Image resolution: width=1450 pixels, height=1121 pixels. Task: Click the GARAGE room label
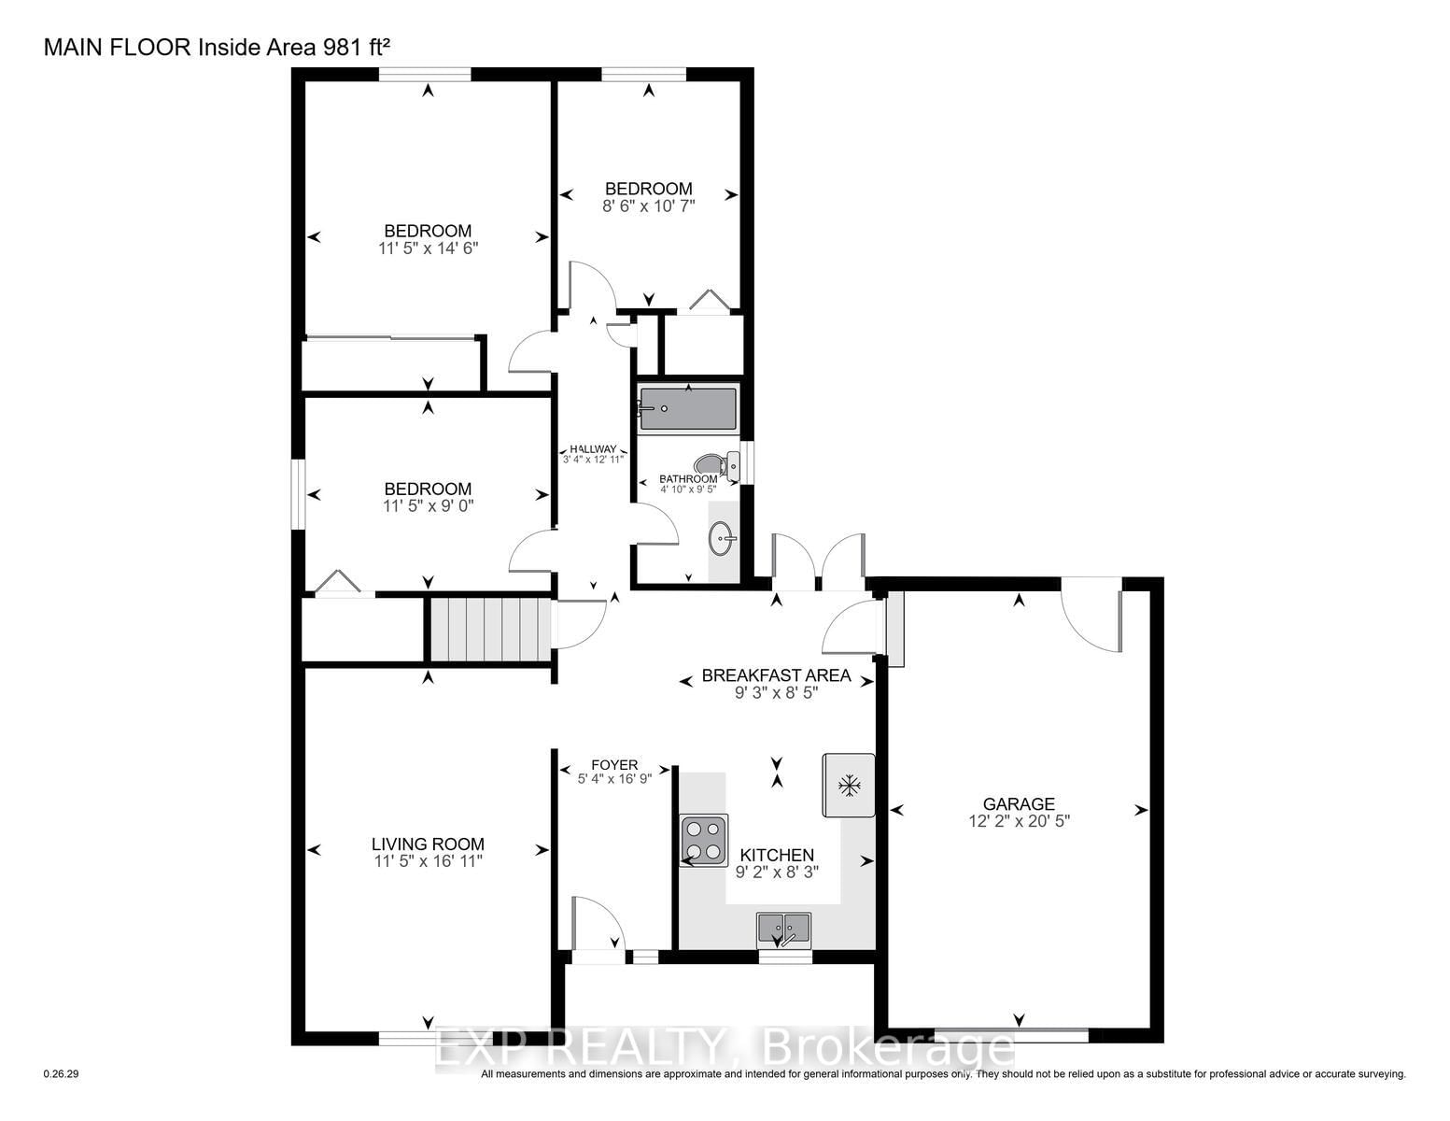tap(1019, 804)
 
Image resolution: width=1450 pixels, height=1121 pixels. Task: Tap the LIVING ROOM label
tap(428, 844)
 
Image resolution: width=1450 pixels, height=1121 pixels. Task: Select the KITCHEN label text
tap(777, 856)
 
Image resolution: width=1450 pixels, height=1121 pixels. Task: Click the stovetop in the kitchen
tap(704, 840)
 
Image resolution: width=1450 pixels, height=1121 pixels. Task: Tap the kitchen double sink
tap(783, 930)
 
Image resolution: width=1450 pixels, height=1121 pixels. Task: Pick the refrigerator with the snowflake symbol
tap(849, 786)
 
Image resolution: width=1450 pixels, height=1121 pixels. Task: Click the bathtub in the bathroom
tap(688, 408)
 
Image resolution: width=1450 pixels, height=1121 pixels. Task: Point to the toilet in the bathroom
tap(717, 463)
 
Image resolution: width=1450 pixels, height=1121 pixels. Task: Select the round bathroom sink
tap(722, 538)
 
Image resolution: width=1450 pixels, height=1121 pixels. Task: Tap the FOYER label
tap(614, 765)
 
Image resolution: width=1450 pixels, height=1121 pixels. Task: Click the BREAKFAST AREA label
tap(776, 675)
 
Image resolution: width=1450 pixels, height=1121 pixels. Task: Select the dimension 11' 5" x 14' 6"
tap(428, 248)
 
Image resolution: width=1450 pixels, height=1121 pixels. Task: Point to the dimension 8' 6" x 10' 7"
tap(649, 206)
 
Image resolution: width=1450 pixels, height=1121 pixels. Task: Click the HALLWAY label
tap(593, 449)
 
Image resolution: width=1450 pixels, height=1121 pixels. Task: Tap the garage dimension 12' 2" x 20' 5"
tap(1019, 821)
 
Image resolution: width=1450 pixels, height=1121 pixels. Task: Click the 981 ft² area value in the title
tap(357, 47)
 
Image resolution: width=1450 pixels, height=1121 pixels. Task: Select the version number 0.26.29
tap(61, 1074)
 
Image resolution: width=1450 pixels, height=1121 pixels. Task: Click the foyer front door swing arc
tap(604, 916)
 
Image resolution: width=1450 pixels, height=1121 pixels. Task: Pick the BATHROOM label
tap(688, 479)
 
